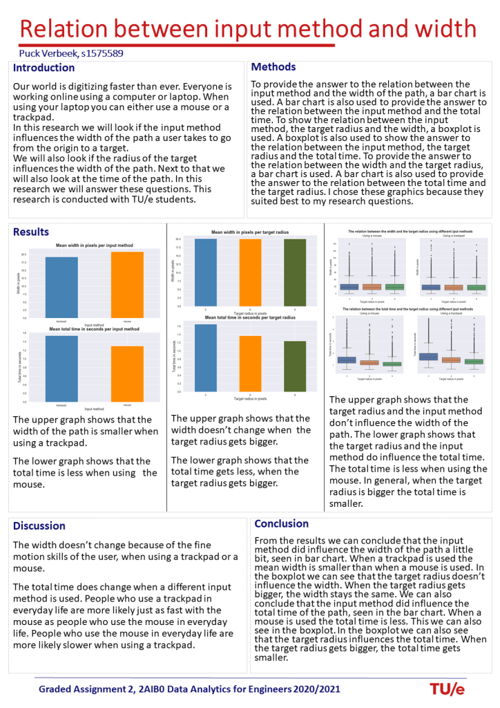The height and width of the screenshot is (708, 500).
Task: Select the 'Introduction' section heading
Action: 44,68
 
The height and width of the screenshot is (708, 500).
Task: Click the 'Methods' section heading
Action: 273,67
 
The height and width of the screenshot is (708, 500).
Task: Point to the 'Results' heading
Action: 31,232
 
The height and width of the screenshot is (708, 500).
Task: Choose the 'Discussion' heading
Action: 39,525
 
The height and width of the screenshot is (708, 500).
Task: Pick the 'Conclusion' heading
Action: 282,523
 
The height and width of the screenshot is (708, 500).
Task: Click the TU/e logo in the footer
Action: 447,689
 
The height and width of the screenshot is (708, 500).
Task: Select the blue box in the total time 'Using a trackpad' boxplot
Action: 428,356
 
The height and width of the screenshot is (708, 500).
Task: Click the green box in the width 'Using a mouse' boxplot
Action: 394,286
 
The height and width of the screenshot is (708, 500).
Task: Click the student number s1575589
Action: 102,53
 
